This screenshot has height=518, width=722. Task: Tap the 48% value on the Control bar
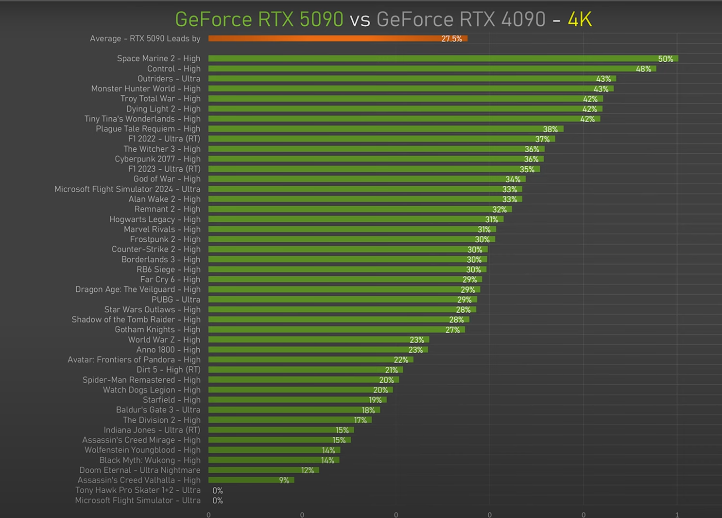coord(643,69)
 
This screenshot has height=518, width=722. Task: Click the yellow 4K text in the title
coord(580,19)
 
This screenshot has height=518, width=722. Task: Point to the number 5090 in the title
coord(321,19)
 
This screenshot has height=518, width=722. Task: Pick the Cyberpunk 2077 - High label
coord(157,159)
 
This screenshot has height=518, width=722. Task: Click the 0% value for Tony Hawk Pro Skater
coord(218,490)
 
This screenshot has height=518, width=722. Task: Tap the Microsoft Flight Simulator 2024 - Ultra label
coord(127,189)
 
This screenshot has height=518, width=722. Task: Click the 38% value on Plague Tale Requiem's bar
coord(550,129)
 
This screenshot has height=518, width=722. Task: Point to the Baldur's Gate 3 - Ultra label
coord(158,410)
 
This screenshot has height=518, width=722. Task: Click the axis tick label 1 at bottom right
coord(677,515)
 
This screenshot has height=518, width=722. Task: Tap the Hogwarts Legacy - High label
coord(155,219)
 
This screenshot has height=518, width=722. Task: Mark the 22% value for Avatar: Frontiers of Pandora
coord(401,360)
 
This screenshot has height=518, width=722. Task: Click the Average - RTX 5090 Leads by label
coord(145,38)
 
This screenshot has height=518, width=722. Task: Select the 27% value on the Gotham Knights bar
coord(452,330)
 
